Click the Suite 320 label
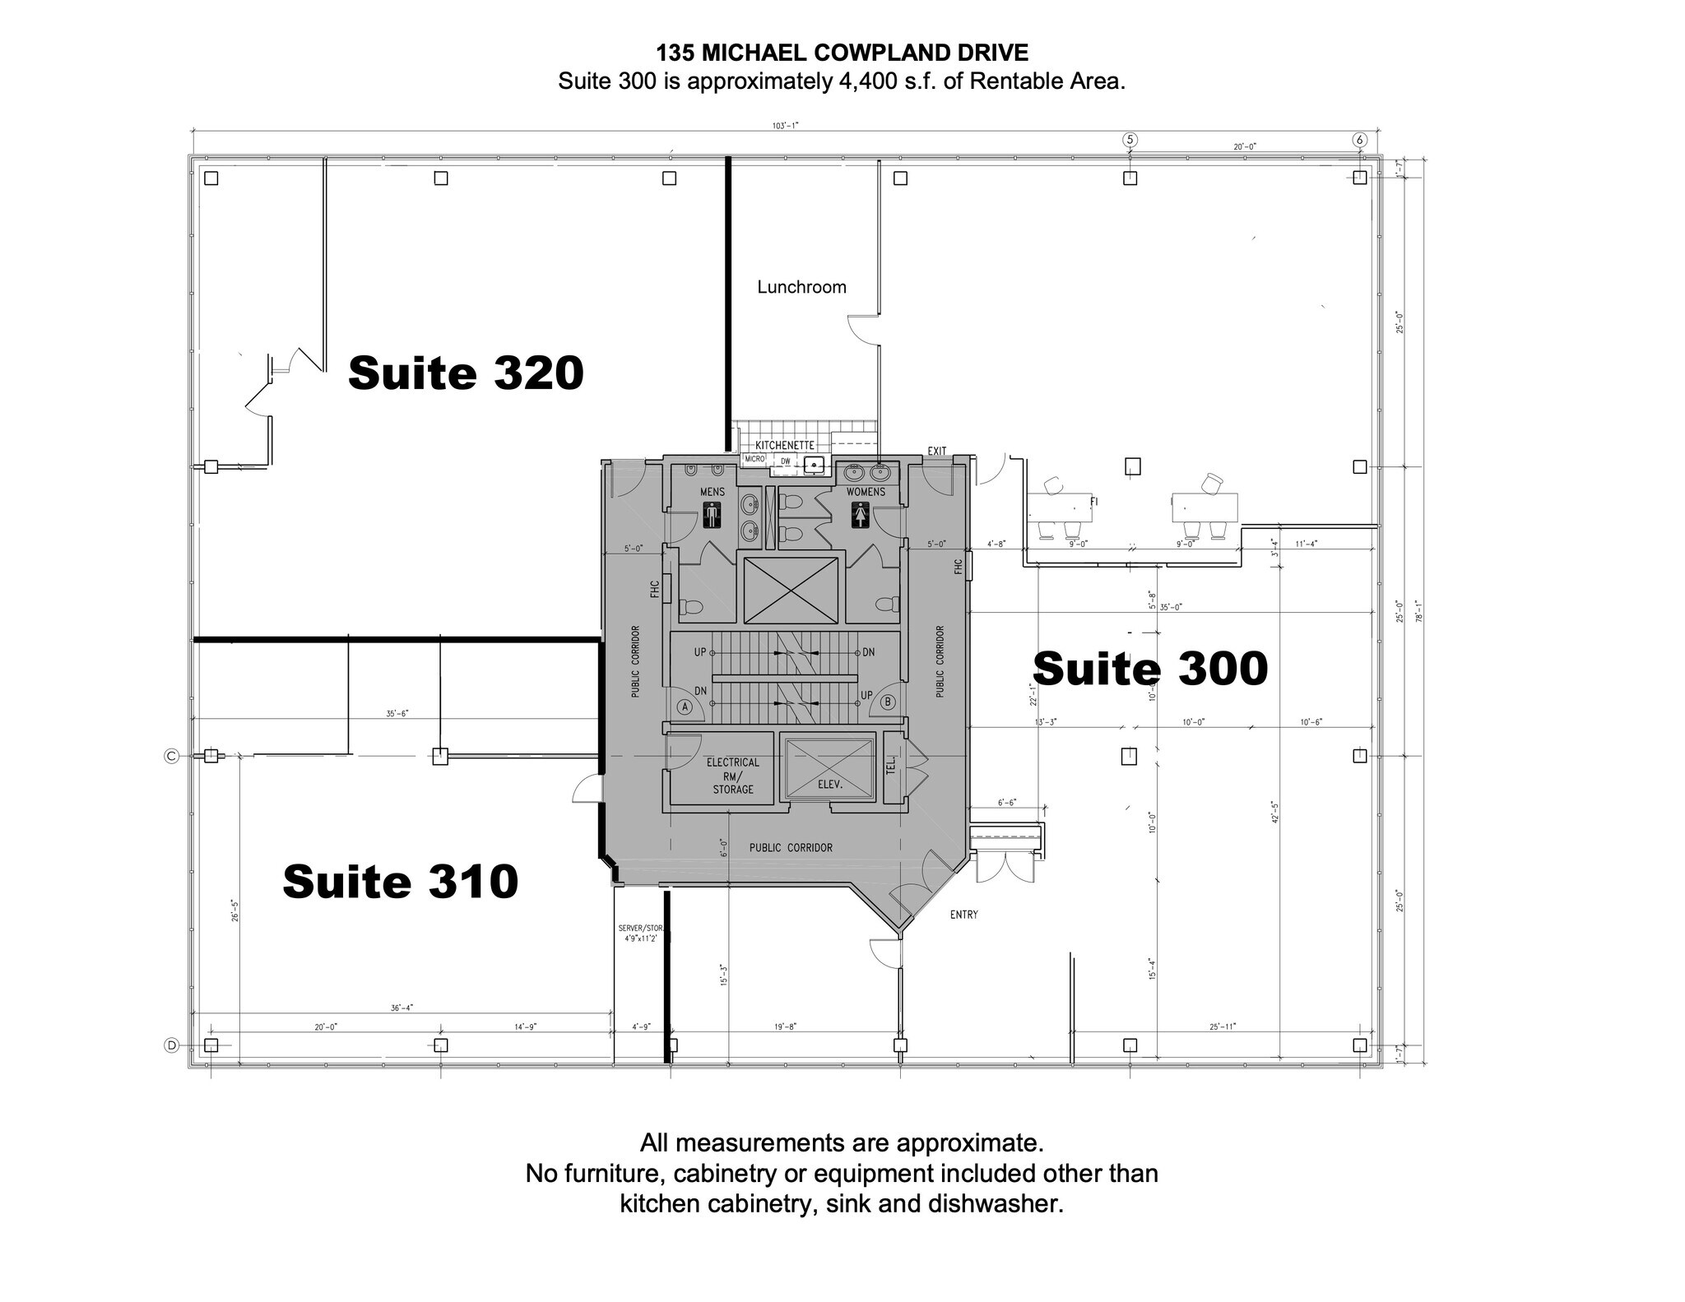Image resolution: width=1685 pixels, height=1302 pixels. [466, 373]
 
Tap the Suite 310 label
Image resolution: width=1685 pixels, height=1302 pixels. [400, 882]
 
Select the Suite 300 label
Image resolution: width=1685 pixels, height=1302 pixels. [1150, 668]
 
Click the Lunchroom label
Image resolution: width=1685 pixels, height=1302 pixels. [801, 287]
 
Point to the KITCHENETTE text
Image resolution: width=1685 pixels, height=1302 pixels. [784, 446]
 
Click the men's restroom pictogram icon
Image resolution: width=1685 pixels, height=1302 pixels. [713, 519]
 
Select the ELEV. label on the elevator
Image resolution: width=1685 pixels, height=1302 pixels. [830, 785]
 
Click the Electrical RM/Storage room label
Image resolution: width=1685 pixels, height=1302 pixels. [732, 776]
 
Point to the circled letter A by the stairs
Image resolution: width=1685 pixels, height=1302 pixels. [684, 706]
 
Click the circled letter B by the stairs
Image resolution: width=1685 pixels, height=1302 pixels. [888, 702]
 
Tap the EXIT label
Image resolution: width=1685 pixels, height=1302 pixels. [937, 452]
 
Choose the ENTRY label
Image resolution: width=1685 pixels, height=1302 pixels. [963, 915]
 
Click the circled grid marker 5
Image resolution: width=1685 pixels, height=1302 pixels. [1130, 140]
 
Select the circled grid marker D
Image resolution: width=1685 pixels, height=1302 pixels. [171, 1045]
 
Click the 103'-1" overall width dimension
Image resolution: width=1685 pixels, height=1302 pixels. [785, 126]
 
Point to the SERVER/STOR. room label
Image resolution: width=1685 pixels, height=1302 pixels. [640, 933]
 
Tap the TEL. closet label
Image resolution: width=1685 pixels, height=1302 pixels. [891, 767]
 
